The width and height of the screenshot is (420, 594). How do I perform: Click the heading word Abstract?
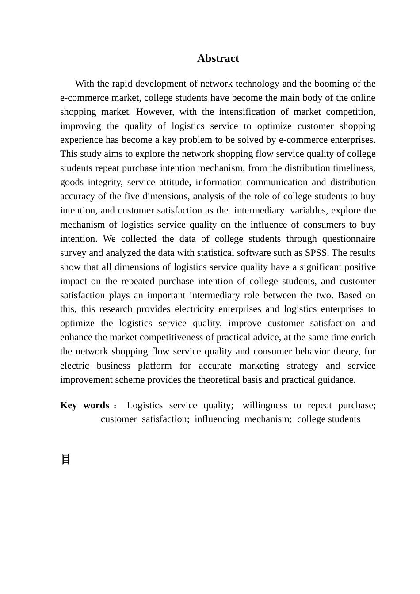point(218,59)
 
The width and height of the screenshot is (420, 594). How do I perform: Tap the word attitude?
point(173,183)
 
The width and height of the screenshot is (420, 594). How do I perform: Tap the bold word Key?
point(69,406)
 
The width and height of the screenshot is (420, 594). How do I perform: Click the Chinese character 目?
point(65,460)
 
